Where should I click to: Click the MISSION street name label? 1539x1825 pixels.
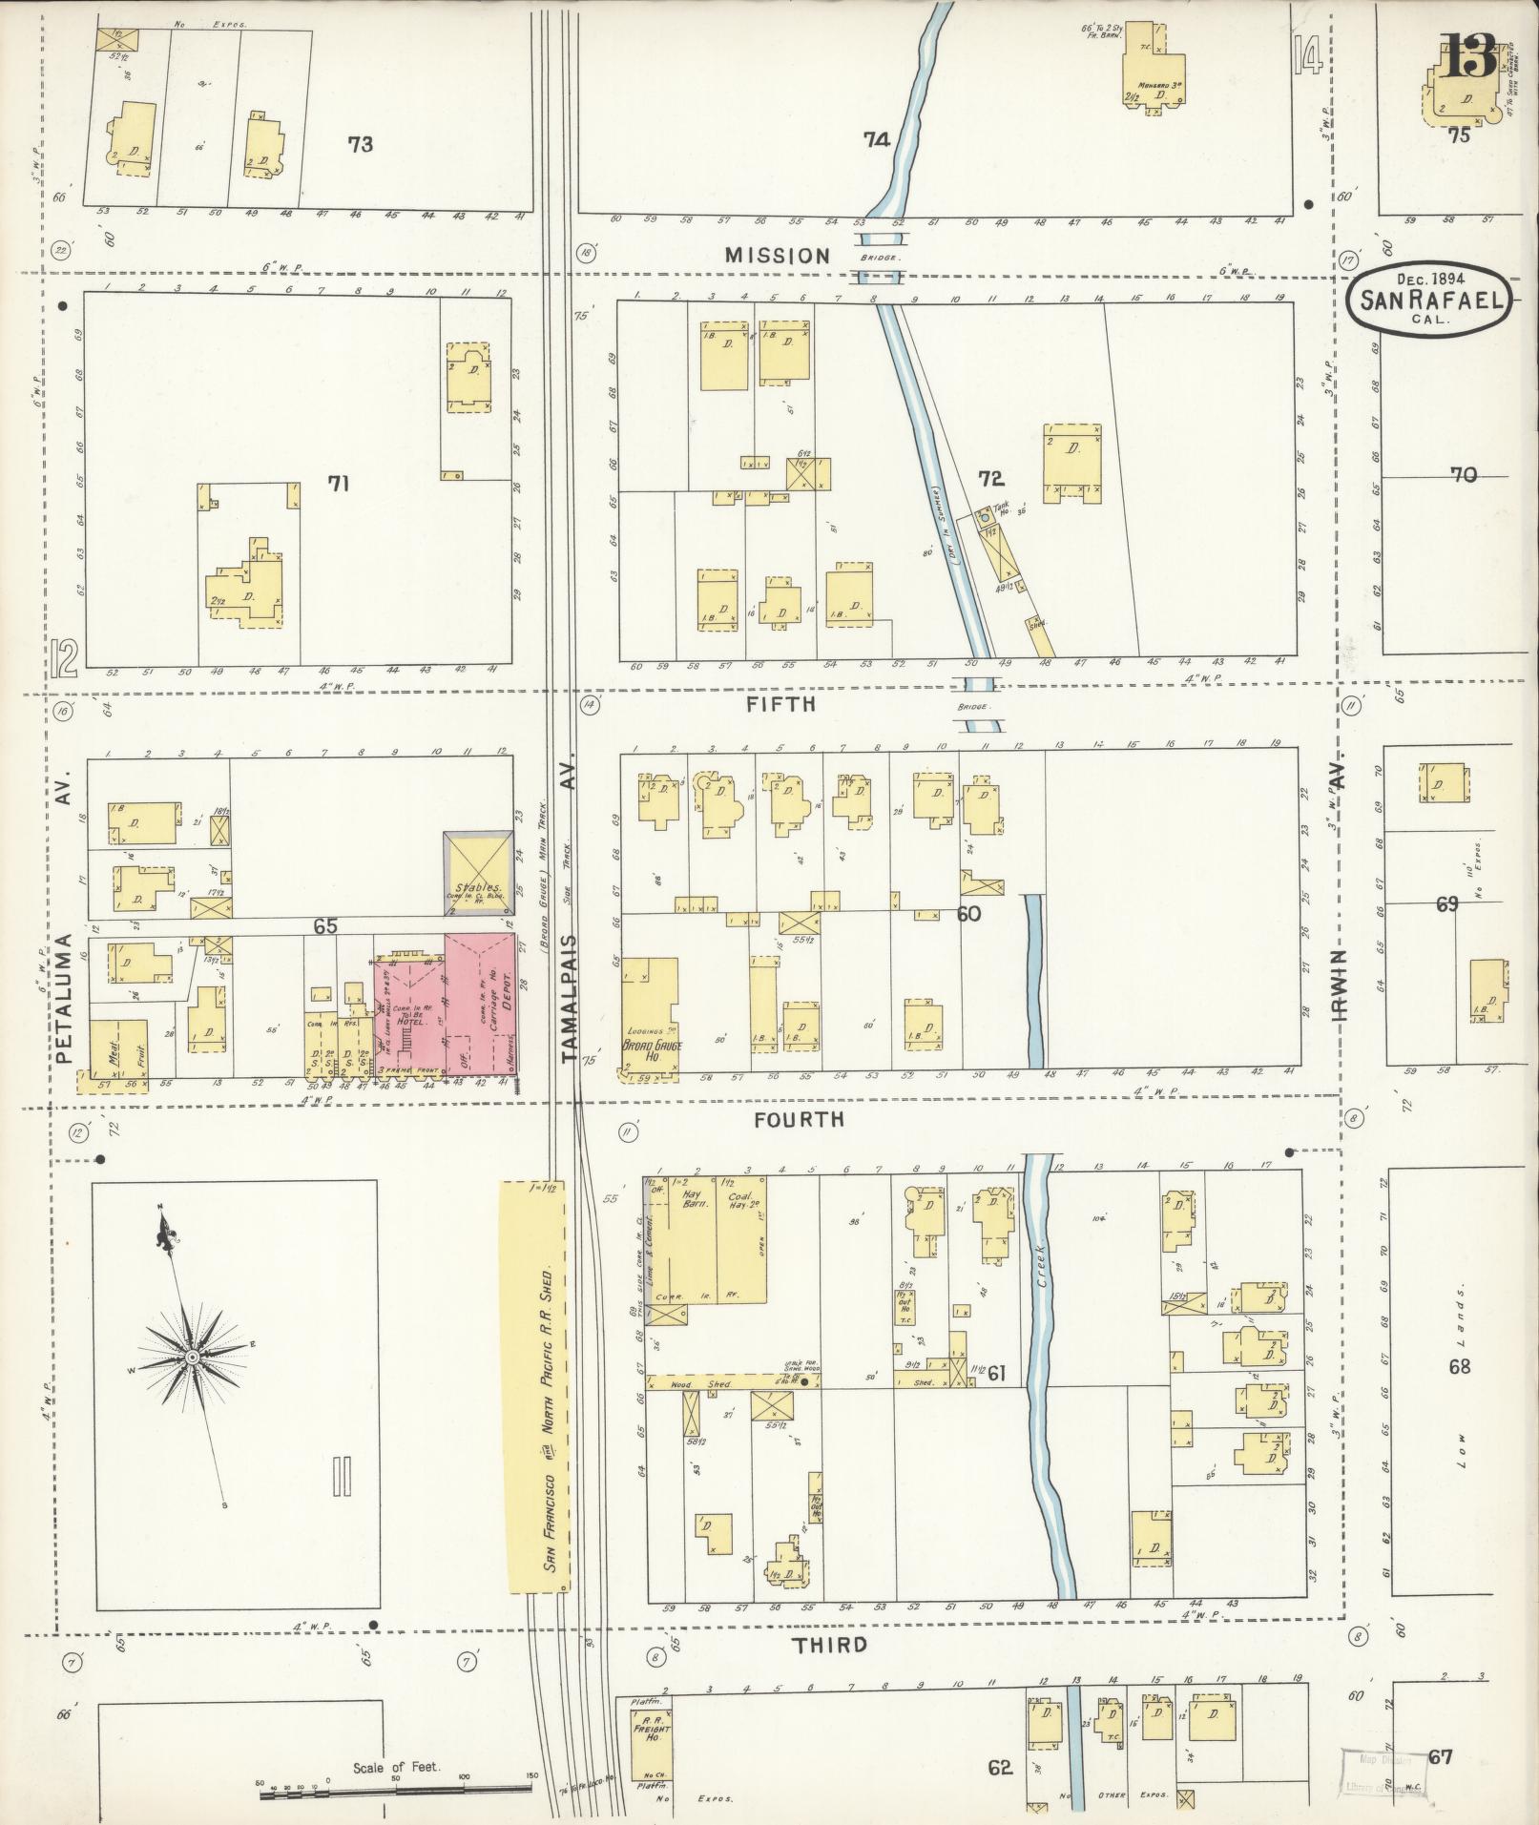click(x=777, y=256)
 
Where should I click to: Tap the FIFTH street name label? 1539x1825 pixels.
click(x=780, y=704)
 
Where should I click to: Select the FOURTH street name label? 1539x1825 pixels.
click(x=799, y=1119)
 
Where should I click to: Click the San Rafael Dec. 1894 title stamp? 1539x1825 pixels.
click(x=1428, y=300)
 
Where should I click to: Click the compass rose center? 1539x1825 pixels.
click(x=192, y=1357)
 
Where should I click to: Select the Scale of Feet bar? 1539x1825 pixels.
click(x=396, y=1795)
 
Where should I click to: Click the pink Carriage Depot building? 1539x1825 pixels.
click(x=480, y=1006)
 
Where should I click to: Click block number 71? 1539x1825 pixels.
click(x=338, y=484)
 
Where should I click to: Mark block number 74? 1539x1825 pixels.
click(x=876, y=140)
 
